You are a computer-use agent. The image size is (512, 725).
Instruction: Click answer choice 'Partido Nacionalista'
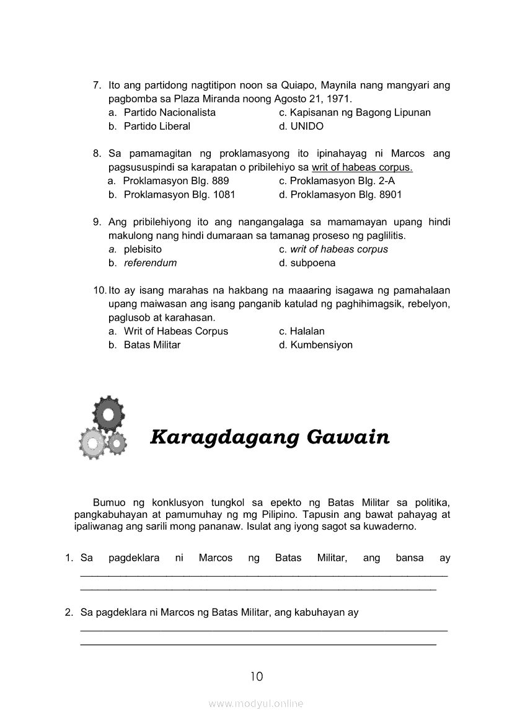tap(169, 112)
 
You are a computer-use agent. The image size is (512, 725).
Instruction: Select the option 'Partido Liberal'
tap(157, 126)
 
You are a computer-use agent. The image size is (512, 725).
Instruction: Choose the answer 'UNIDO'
tap(307, 126)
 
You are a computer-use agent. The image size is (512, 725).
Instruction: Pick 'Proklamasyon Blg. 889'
tap(176, 180)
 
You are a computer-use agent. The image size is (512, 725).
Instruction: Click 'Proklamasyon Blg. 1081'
tap(179, 194)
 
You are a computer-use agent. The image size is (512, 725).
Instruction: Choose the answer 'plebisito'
tap(143, 249)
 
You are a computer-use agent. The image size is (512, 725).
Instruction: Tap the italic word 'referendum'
tap(150, 262)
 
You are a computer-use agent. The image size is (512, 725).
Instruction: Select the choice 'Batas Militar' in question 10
tap(152, 344)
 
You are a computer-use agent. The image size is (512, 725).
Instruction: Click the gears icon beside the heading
tap(103, 427)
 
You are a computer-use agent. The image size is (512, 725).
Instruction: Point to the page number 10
tap(257, 676)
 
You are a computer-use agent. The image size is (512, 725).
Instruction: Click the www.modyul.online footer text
tap(256, 703)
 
